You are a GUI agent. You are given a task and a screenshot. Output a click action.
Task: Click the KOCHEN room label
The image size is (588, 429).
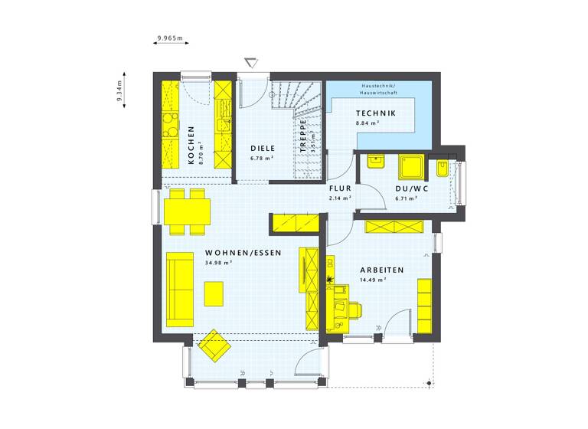(x=191, y=146)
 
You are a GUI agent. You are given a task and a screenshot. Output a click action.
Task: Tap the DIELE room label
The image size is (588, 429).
(x=263, y=148)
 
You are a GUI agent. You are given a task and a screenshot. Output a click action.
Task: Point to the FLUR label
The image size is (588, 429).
(x=340, y=188)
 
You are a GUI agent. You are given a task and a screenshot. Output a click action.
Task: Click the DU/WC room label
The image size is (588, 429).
(x=411, y=188)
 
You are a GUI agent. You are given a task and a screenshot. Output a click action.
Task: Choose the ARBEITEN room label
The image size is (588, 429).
(x=384, y=270)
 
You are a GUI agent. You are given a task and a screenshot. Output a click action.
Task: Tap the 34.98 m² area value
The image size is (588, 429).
(x=219, y=263)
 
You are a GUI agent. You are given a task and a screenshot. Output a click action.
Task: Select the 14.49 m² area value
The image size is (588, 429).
(x=373, y=280)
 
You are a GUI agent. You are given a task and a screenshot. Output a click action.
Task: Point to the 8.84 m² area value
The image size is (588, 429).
(x=367, y=123)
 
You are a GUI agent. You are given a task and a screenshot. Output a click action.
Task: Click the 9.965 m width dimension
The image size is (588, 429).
(x=170, y=37)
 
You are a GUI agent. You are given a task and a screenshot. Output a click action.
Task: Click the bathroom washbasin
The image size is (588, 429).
(x=375, y=161)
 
